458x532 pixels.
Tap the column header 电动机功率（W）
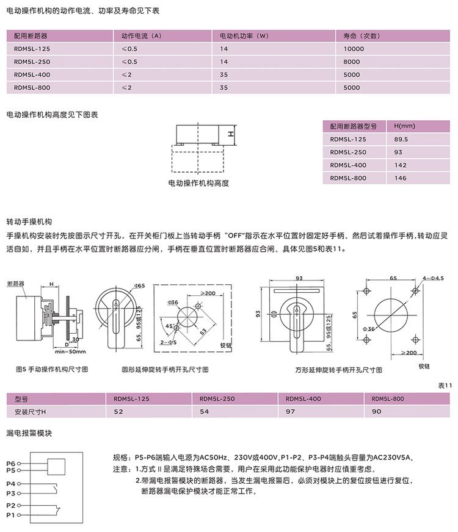point(244,35)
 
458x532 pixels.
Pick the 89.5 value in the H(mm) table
point(401,139)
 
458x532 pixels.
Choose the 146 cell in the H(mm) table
point(400,178)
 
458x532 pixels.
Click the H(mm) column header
point(404,126)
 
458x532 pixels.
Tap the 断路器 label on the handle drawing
point(15,284)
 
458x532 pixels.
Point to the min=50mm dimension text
point(70,352)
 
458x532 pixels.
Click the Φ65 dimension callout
point(138,286)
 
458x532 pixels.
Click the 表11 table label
point(444,386)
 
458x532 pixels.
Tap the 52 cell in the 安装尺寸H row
point(118,412)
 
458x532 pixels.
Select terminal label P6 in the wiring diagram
point(10,464)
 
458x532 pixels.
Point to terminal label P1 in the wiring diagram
point(10,515)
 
